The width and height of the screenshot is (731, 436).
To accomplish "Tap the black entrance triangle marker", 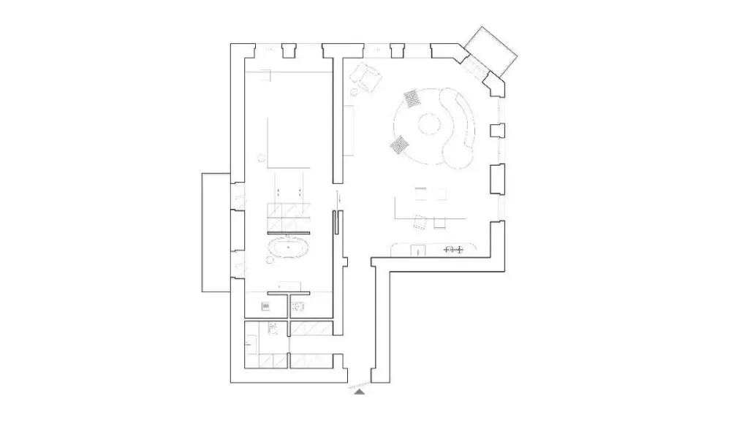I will click(360, 392).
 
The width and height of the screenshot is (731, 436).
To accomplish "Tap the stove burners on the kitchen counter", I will click(454, 250).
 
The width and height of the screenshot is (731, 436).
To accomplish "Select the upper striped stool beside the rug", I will click(412, 98).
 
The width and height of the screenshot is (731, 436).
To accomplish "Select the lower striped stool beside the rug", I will click(399, 146).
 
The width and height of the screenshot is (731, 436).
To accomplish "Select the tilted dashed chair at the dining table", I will click(420, 222).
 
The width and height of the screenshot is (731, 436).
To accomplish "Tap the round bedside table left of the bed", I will click(261, 155).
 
